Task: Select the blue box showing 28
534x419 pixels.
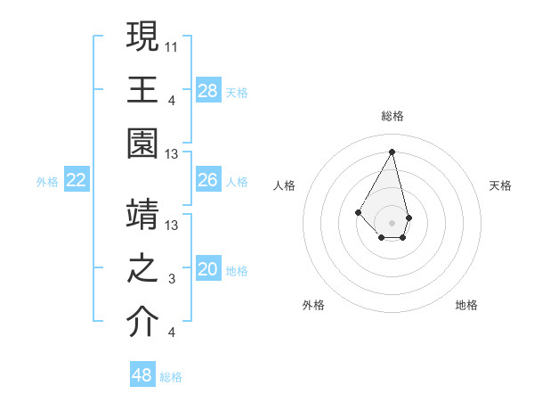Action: (x=208, y=90)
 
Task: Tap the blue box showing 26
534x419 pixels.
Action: (x=208, y=180)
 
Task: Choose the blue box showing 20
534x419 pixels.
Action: (x=208, y=269)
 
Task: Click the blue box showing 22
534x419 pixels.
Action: (x=77, y=180)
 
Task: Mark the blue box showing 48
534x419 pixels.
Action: (x=142, y=375)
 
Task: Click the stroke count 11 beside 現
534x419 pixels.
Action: (x=172, y=45)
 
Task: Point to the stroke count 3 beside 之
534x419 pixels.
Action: (x=172, y=279)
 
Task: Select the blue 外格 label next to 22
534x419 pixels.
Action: (x=47, y=181)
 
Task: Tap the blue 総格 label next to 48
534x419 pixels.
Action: (x=171, y=377)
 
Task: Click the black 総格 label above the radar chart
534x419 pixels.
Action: (x=392, y=116)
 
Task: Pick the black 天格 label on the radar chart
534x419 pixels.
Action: (x=500, y=185)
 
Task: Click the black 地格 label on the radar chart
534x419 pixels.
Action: (x=466, y=305)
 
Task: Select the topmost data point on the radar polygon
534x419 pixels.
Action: (x=392, y=151)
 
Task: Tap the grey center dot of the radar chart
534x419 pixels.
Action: (x=392, y=221)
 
